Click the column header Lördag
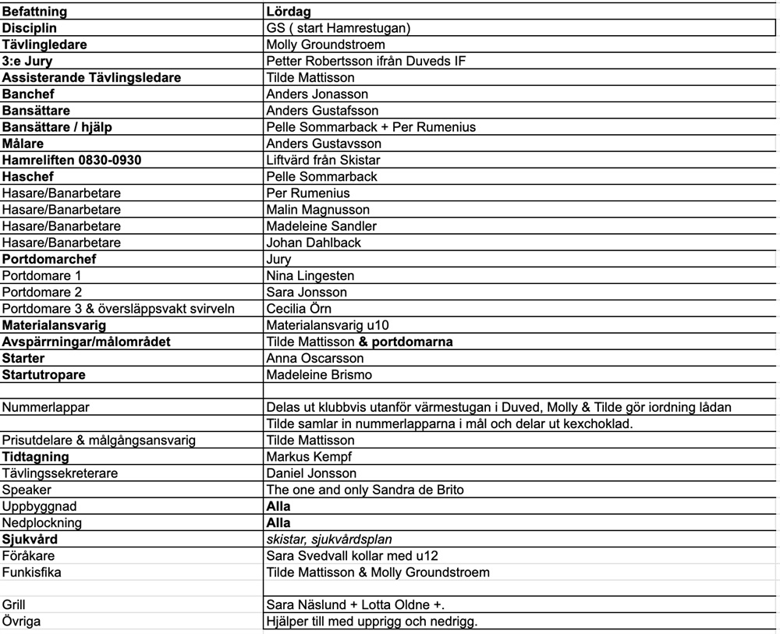pyautogui.click(x=289, y=12)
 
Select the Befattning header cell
pyautogui.click(x=34, y=12)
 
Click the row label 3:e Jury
pyautogui.click(x=27, y=61)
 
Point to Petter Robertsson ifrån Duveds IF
pyautogui.click(x=366, y=61)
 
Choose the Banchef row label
pyautogui.click(x=29, y=94)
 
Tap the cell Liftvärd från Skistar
pyautogui.click(x=323, y=160)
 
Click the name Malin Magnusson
pyautogui.click(x=318, y=209)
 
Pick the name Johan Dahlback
pyautogui.click(x=314, y=243)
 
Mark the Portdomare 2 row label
pyautogui.click(x=42, y=292)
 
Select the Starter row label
pyautogui.click(x=23, y=358)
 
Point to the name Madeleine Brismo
pyautogui.click(x=319, y=374)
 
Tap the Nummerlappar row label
pyautogui.click(x=46, y=407)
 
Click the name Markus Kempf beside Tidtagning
pyautogui.click(x=309, y=456)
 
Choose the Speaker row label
pyautogui.click(x=27, y=489)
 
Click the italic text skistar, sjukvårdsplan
pyautogui.click(x=328, y=539)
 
